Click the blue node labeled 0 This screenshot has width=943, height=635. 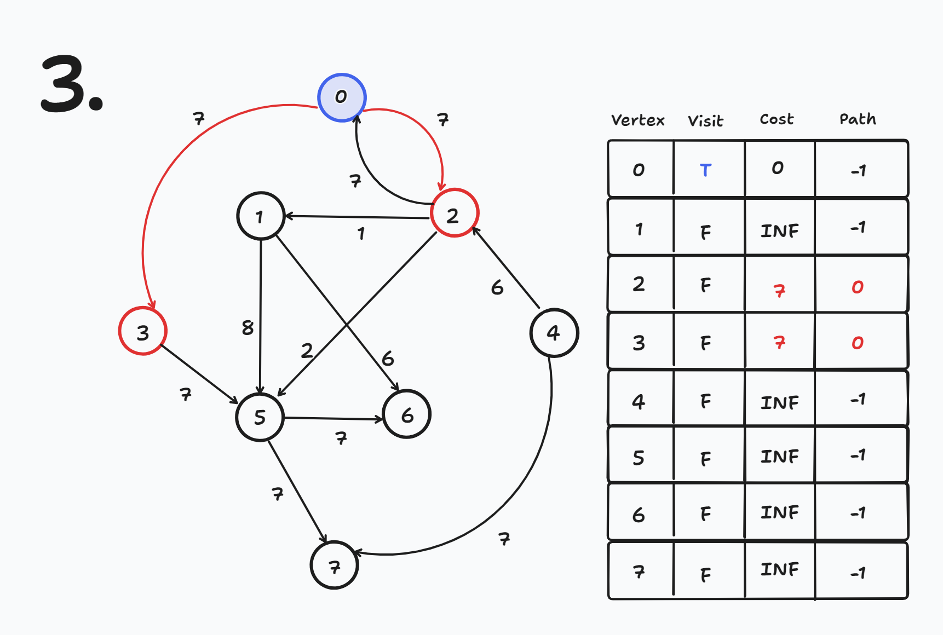pyautogui.click(x=342, y=97)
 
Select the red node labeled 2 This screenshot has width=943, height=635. pyautogui.click(x=454, y=213)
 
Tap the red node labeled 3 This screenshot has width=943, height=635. pyautogui.click(x=142, y=331)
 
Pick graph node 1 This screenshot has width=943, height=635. pyautogui.click(x=261, y=216)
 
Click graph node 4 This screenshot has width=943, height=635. pyautogui.click(x=554, y=332)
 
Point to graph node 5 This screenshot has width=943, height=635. pyautogui.click(x=260, y=417)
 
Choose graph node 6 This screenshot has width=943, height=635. pyautogui.click(x=407, y=414)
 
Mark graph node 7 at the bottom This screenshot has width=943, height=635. pyautogui.click(x=334, y=565)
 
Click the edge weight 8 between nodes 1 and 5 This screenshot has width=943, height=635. pyautogui.click(x=248, y=327)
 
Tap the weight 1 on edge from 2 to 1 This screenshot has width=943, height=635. pyautogui.click(x=361, y=234)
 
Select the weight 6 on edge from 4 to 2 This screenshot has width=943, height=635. pyautogui.click(x=497, y=287)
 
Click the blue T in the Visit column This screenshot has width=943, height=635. pyautogui.click(x=705, y=170)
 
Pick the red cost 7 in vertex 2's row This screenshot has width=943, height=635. pyautogui.click(x=779, y=290)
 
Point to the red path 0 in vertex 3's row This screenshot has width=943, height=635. pyautogui.click(x=857, y=343)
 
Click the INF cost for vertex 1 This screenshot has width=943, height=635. pyautogui.click(x=779, y=231)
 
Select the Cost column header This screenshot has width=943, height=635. pyautogui.click(x=777, y=119)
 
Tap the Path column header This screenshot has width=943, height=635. pyautogui.click(x=858, y=119)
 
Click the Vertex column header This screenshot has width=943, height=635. pyautogui.click(x=637, y=120)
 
